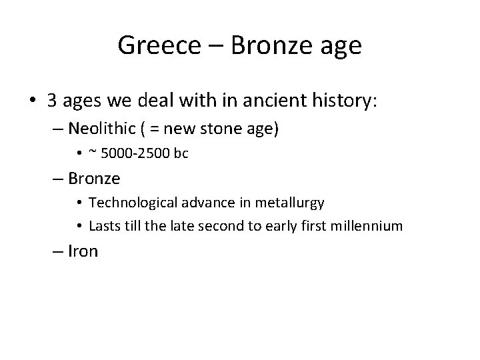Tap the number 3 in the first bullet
point(52,101)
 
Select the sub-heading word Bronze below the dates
point(94,179)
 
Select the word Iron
point(83,251)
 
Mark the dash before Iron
point(59,251)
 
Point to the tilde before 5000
point(93,153)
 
